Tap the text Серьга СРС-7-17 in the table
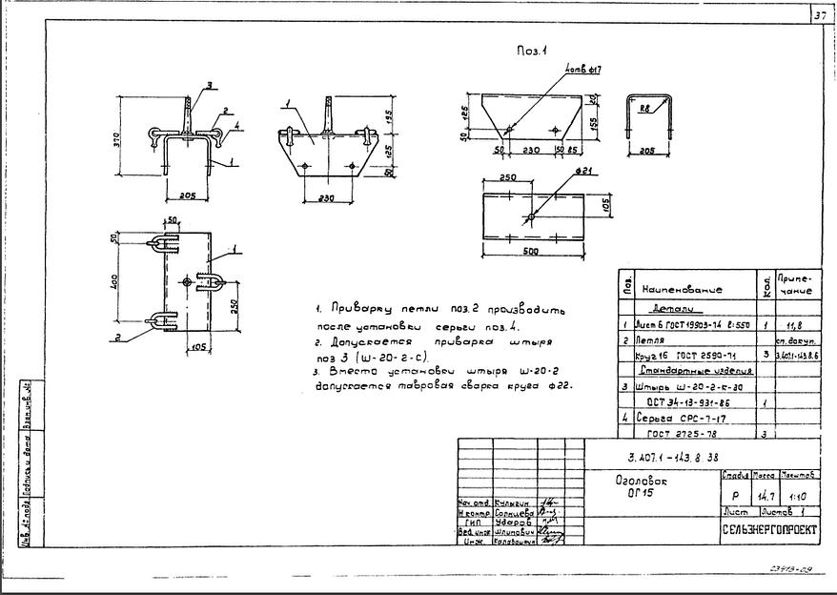(x=679, y=418)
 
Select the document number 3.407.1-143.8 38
(x=663, y=457)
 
